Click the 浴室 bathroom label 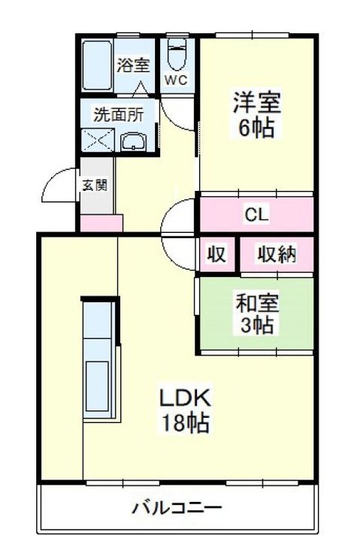[133, 65]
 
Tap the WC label [176, 80]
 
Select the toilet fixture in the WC [177, 55]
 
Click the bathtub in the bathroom [97, 65]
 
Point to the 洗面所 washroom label [119, 114]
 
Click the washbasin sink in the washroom [134, 142]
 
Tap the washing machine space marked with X [98, 140]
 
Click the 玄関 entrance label [95, 186]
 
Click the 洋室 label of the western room [257, 102]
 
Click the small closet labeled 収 [216, 254]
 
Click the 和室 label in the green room [257, 304]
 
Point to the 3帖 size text [257, 325]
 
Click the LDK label [185, 397]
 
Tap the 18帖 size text [186, 422]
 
